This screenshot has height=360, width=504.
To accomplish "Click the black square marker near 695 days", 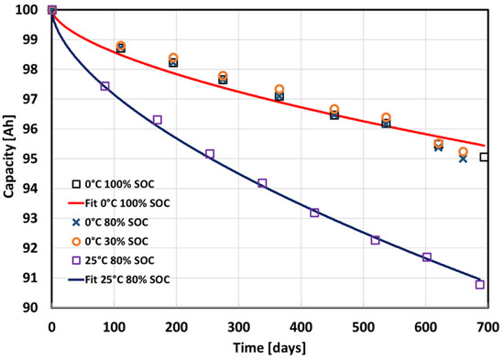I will (x=484, y=158).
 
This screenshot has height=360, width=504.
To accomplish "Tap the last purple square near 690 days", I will (x=480, y=285).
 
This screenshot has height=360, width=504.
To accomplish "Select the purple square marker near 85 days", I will (x=104, y=86).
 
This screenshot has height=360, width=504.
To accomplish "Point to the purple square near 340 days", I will (x=262, y=183).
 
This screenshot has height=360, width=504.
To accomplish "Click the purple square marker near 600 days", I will (x=426, y=257).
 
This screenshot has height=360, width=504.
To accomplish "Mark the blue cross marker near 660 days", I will (x=463, y=158).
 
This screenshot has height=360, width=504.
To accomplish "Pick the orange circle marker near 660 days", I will (x=463, y=152).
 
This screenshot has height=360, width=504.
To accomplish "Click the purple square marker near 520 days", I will (x=376, y=240).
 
